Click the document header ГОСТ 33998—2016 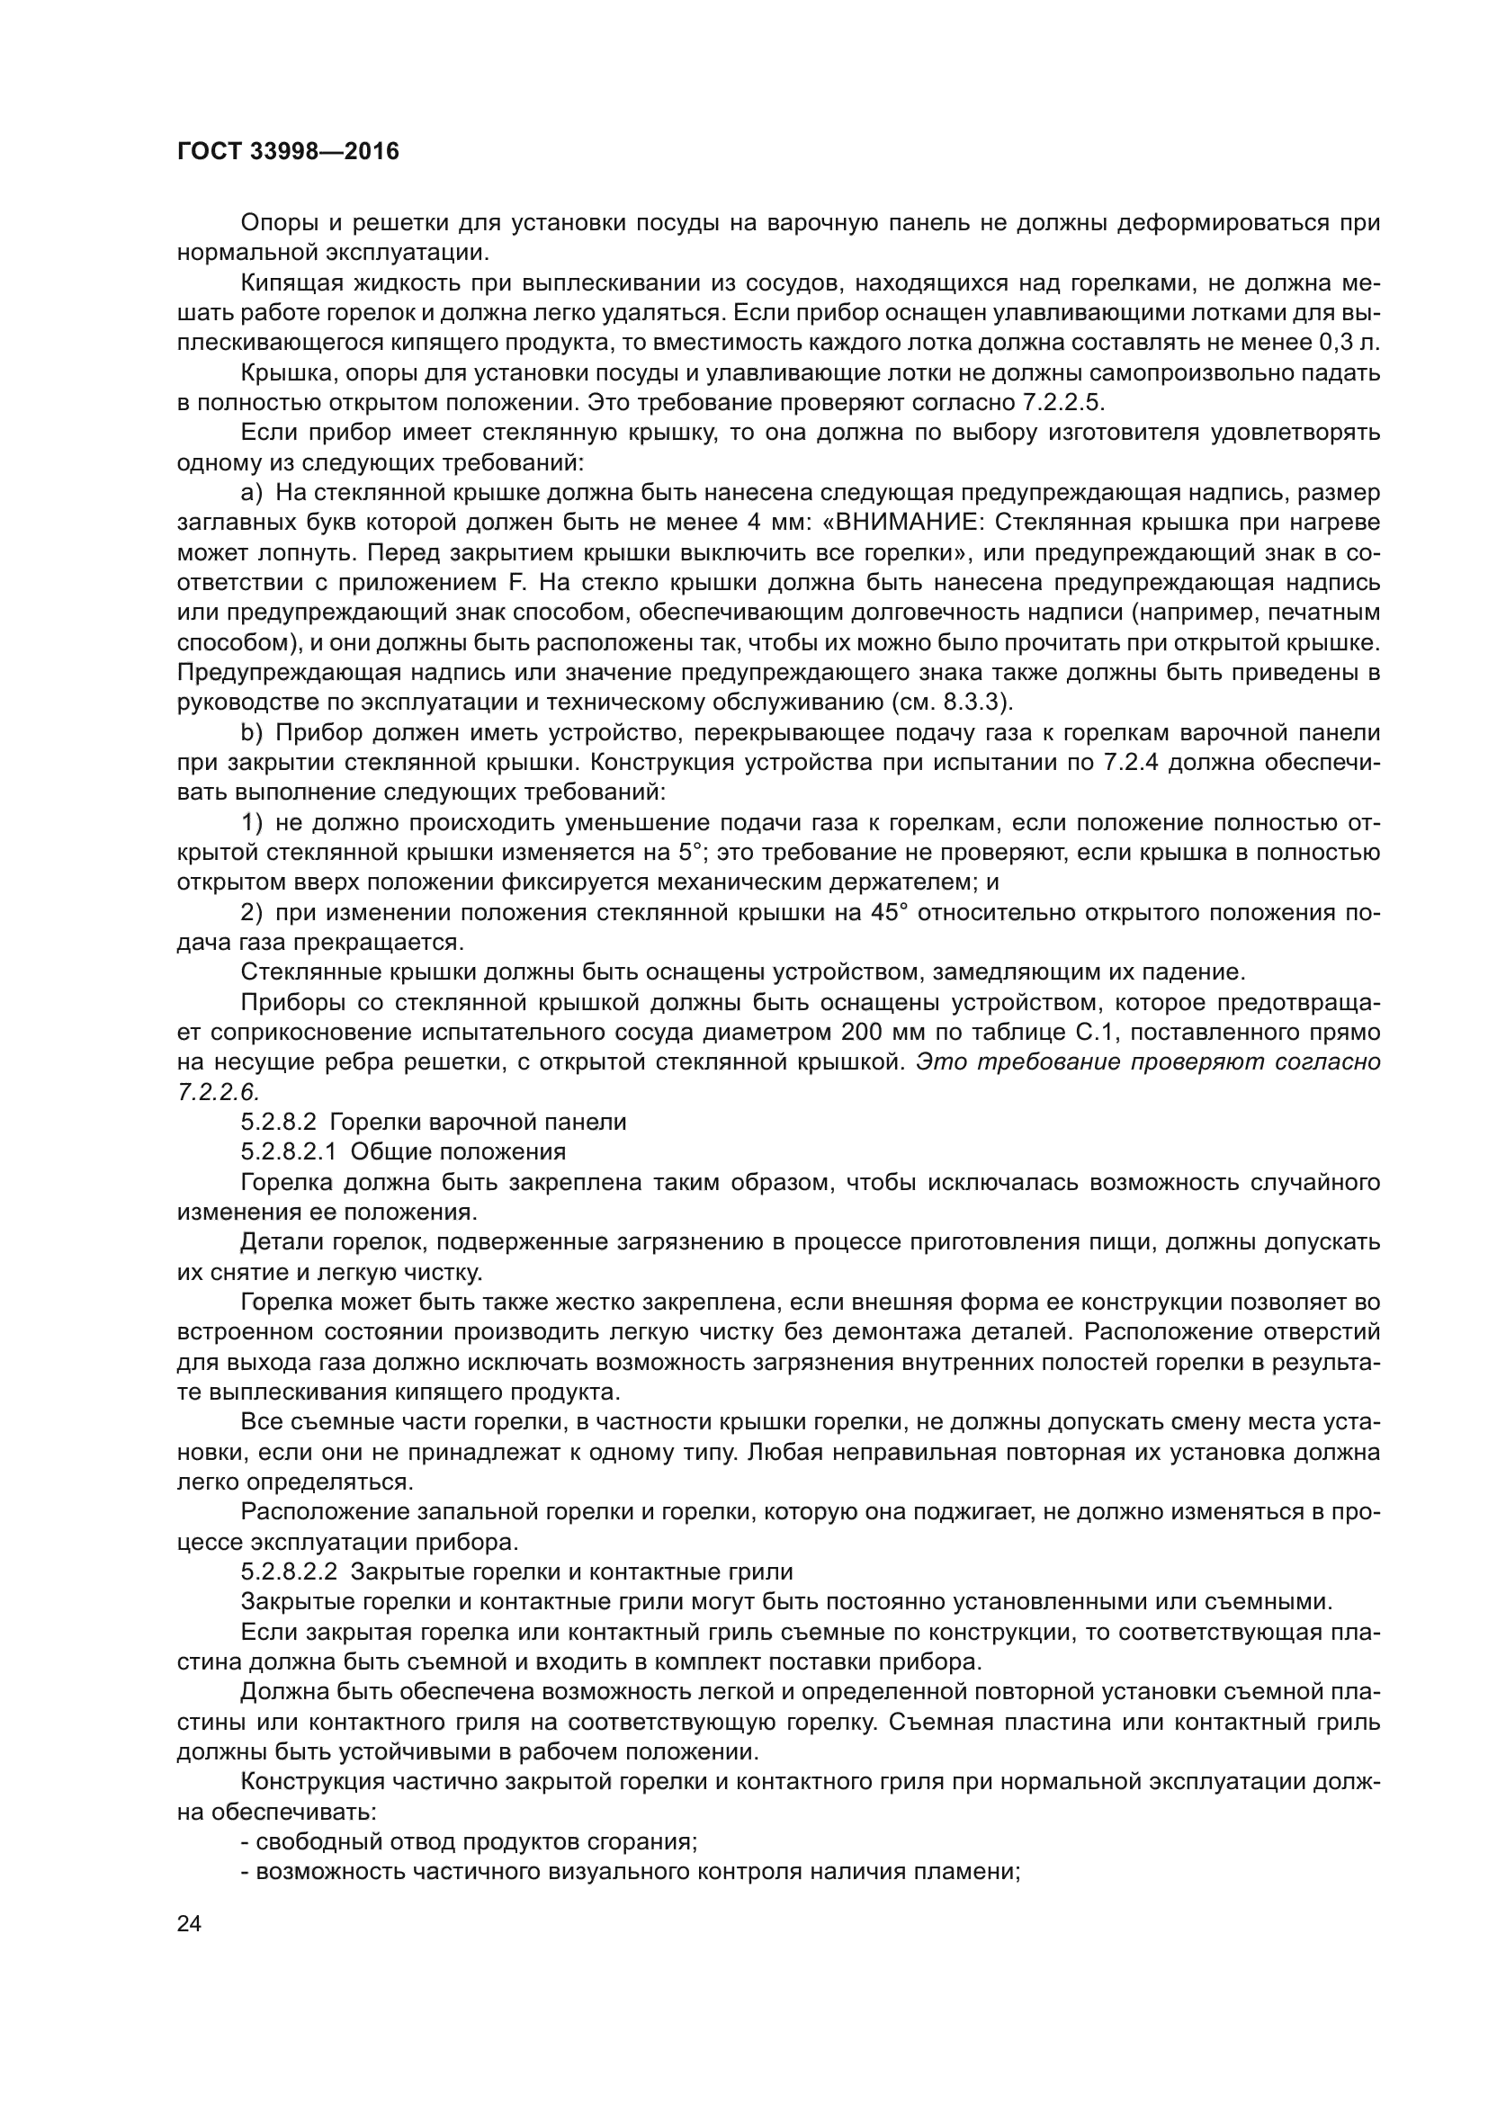(288, 151)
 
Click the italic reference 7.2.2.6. (218, 1091)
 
